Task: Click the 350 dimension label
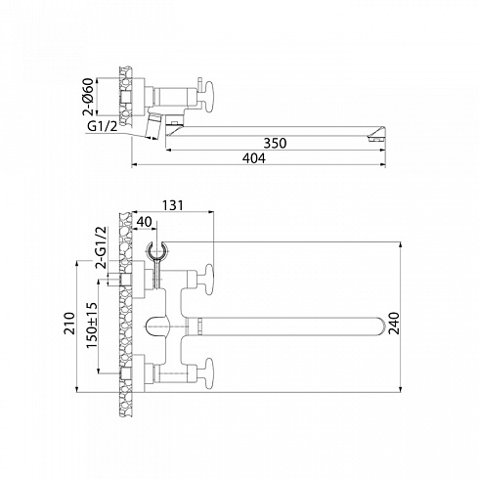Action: (x=275, y=143)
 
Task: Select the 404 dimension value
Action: (x=254, y=158)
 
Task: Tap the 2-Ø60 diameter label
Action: (x=89, y=97)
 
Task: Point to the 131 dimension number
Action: (x=173, y=205)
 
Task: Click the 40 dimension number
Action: (x=145, y=222)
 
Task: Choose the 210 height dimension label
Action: (x=69, y=324)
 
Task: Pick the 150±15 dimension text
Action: (x=92, y=326)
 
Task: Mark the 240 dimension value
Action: (x=394, y=324)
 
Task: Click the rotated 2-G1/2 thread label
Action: (x=101, y=247)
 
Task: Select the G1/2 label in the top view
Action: (x=102, y=126)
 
